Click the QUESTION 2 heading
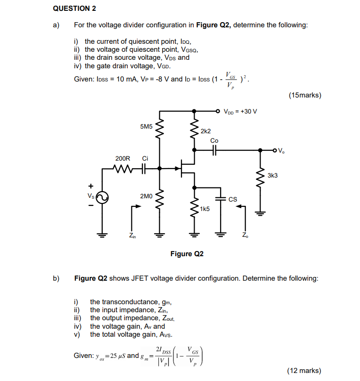coord(75,8)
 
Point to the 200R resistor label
coord(123,159)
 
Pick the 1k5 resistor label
coord(205,208)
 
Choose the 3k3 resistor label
coord(272,175)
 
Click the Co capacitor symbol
coord(214,150)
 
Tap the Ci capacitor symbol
coord(143,168)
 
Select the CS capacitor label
coord(233,199)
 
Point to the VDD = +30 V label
coord(240,112)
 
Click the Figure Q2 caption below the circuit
coord(187,254)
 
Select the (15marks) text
coord(304,95)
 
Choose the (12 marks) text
coord(304,371)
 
